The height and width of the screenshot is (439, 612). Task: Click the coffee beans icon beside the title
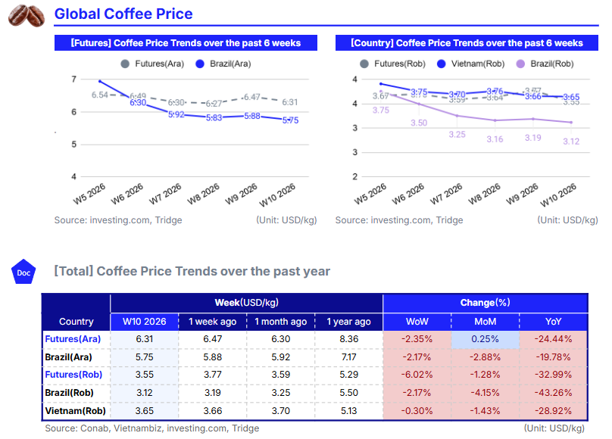coord(26,15)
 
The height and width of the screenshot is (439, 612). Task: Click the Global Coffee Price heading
coord(123,14)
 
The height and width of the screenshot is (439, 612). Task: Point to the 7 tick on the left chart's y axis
coord(73,79)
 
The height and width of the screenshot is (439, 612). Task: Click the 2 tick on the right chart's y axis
coord(354,176)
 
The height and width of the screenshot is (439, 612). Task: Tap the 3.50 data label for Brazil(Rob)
coord(419,123)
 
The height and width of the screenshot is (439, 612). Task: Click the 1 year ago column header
coord(349,322)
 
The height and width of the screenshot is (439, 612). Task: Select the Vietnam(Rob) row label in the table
coord(76,411)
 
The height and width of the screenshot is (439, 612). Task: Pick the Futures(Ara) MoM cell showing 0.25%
coord(486,339)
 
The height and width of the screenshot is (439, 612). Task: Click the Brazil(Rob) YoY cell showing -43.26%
coord(554,393)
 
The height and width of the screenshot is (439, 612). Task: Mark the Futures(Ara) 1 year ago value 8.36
coord(349,339)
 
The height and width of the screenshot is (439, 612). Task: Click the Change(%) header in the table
coord(485,303)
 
